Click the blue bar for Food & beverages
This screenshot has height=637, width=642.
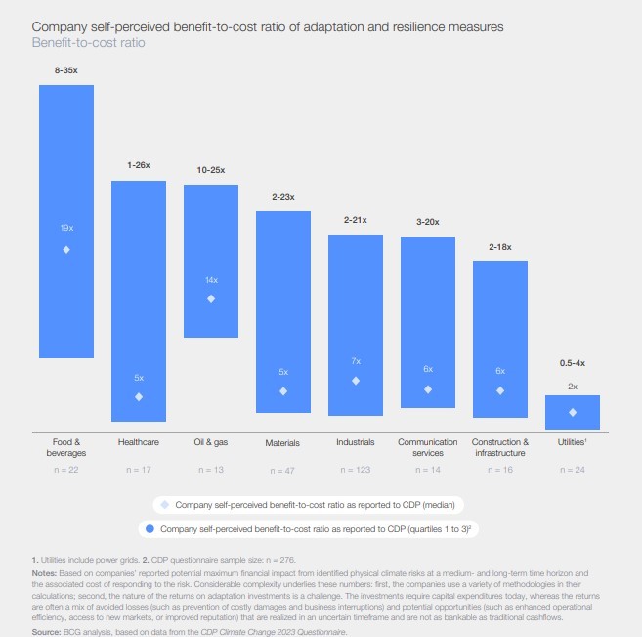[x=66, y=220]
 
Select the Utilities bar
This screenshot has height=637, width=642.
[x=572, y=411]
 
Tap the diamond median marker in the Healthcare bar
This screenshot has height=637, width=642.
[x=139, y=396]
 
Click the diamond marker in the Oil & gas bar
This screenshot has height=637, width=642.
[x=211, y=298]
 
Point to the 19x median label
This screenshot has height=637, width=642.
[x=66, y=227]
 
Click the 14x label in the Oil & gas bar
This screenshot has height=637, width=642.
[x=211, y=279]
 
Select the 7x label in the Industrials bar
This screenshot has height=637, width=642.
[x=356, y=362]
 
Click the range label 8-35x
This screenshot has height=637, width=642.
[x=66, y=71]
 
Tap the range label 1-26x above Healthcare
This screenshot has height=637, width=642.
[x=139, y=166]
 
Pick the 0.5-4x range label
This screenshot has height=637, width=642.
[x=572, y=363]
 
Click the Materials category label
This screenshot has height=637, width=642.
[x=282, y=443]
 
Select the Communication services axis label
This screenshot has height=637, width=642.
[x=427, y=447]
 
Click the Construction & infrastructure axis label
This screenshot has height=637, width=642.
[x=499, y=447]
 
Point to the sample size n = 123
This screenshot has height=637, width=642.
[x=356, y=471]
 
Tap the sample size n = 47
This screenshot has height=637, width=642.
[x=282, y=471]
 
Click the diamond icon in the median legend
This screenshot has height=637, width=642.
[x=164, y=504]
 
